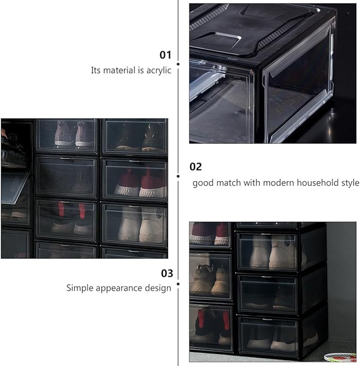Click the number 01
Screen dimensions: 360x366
[x=165, y=55]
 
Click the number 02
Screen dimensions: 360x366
[x=196, y=167]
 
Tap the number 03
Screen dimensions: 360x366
[x=167, y=273]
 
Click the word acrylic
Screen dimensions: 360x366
[x=159, y=70]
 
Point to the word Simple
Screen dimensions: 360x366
[x=80, y=288]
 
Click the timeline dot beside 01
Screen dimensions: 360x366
[x=178, y=64]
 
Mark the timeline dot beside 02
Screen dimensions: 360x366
[x=178, y=176]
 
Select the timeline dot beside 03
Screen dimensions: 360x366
[x=178, y=284]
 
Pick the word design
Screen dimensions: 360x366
[x=158, y=288]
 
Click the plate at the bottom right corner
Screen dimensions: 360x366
[x=340, y=357]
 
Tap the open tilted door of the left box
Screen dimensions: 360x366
[x=14, y=188]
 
